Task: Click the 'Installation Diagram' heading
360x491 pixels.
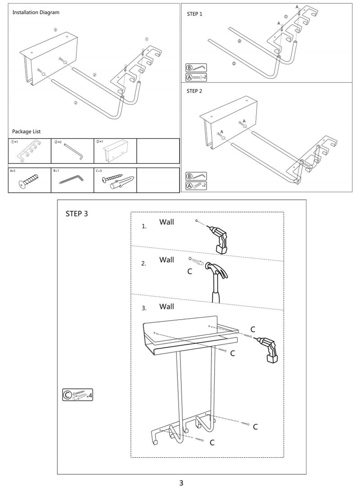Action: point(36,13)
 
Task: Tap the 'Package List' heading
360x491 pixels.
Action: point(26,131)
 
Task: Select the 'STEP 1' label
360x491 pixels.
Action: point(194,14)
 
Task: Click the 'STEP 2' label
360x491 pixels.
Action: point(194,90)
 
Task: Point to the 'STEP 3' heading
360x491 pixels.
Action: point(76,213)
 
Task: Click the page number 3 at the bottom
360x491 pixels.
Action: point(181,483)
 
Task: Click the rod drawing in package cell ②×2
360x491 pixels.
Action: point(73,151)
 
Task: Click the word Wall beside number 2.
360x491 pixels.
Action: point(166,260)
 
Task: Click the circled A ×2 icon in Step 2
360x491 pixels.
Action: point(196,185)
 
